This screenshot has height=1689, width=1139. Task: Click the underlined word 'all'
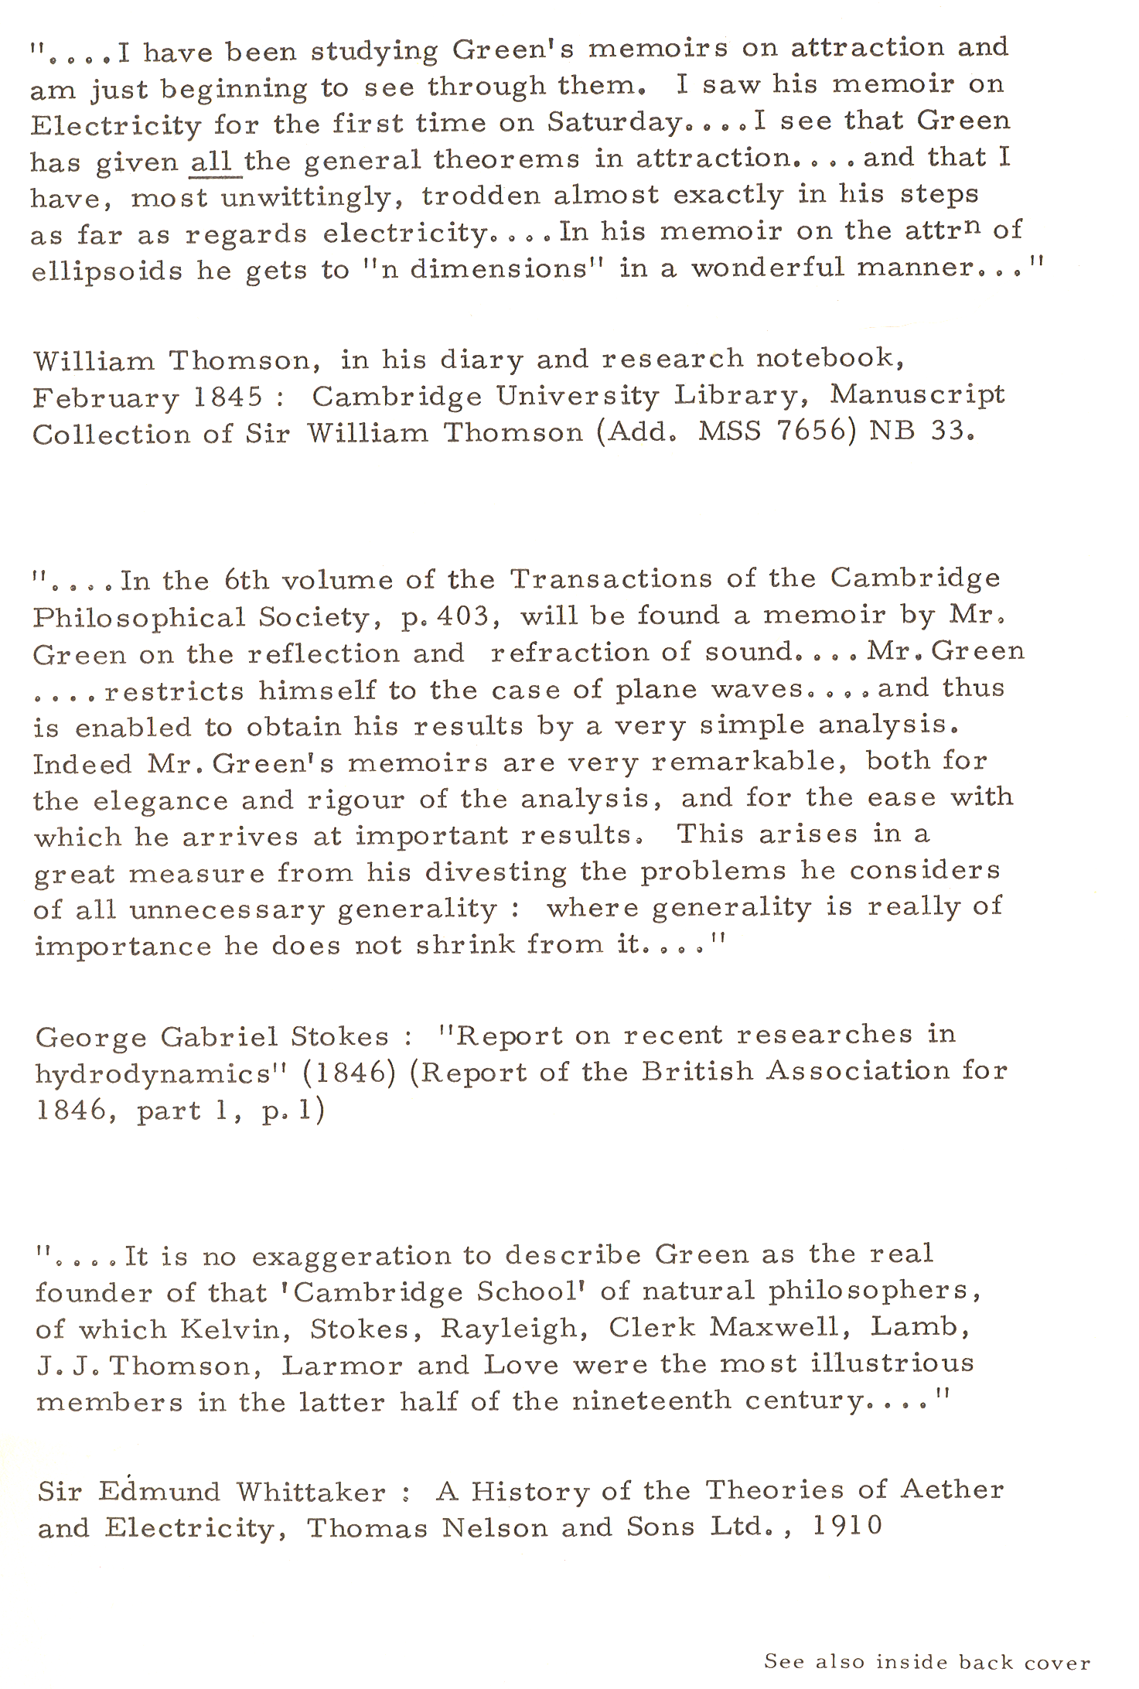coord(210,160)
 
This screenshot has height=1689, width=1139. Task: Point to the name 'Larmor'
coord(342,1366)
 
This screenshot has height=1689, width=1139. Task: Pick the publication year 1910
coord(847,1526)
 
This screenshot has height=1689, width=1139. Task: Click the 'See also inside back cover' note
coord(926,1661)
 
